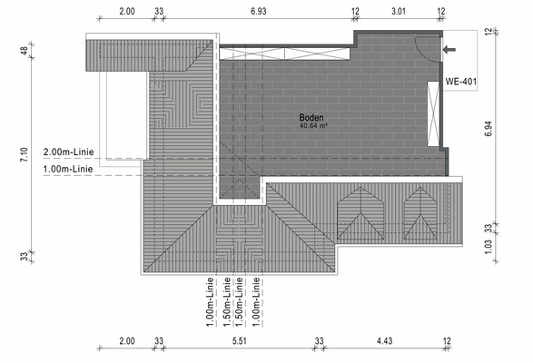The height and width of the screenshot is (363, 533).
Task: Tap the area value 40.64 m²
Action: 313,126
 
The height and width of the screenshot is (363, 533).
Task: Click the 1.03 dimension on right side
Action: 489,245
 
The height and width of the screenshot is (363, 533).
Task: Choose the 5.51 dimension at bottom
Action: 240,341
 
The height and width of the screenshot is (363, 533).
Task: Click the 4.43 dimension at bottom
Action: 382,341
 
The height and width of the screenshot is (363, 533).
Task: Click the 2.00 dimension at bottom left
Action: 126,341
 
